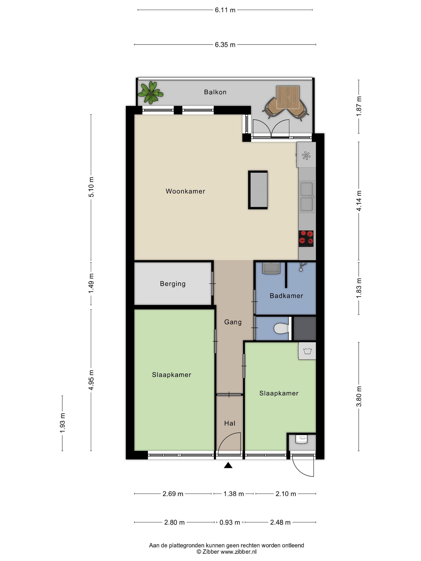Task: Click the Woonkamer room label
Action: [185, 191]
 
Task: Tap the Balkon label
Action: [215, 92]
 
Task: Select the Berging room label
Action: [173, 284]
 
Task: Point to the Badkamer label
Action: [286, 296]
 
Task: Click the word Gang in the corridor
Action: [233, 322]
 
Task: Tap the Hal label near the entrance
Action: [230, 423]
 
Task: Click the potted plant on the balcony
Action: [150, 93]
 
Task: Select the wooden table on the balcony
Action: [288, 97]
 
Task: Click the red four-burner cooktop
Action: [306, 237]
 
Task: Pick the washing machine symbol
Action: [307, 351]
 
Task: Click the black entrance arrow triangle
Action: [228, 465]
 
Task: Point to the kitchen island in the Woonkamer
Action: [258, 190]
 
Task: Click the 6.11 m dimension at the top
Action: [225, 10]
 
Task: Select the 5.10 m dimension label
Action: [91, 187]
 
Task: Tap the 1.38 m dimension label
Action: [234, 494]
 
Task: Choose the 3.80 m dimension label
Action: [359, 396]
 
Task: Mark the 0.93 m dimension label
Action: [230, 522]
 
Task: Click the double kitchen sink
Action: [307, 197]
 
